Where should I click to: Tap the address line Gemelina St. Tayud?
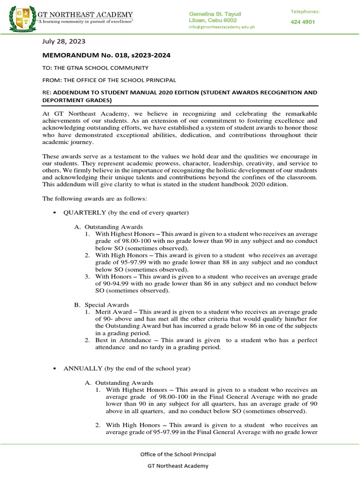click(212, 13)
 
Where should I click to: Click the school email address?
click(221, 27)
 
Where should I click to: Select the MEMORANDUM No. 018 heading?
click(106, 55)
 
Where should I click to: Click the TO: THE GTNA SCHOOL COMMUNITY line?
click(96, 68)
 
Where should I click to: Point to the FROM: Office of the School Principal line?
click(109, 80)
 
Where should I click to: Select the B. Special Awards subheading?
click(101, 305)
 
